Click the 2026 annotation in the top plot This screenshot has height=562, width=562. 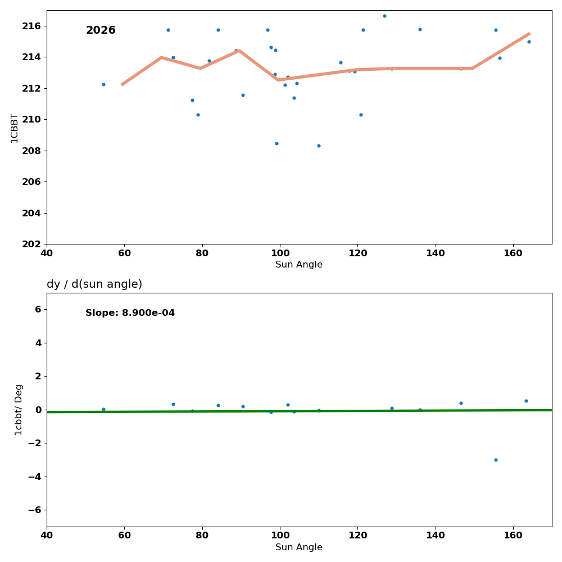101,30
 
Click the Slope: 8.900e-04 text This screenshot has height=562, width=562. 130,313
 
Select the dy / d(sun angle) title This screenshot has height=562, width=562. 94,284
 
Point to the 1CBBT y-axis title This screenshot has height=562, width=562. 15,128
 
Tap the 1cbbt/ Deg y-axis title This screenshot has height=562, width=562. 19,410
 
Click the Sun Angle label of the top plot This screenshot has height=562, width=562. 299,265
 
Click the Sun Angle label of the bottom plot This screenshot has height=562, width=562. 299,547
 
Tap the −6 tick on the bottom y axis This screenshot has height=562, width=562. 34,510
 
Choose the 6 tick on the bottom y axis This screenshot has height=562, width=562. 38,309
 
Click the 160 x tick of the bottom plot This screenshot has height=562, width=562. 513,536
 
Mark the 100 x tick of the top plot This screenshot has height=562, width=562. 280,253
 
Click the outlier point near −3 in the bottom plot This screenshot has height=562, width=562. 496,460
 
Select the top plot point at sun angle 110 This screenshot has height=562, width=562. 319,146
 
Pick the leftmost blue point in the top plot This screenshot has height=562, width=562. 103,84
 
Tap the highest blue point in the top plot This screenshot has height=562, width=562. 384,16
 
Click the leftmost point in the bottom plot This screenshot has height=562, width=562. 103,409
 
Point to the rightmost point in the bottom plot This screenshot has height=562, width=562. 526,401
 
